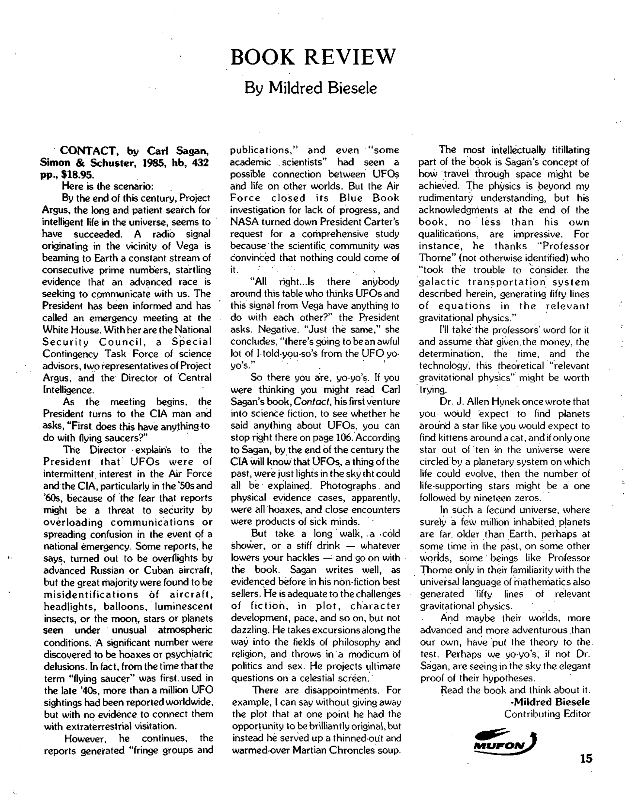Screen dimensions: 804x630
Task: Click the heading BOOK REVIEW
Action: tap(313, 57)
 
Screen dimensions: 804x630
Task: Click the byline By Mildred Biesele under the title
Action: tap(311, 88)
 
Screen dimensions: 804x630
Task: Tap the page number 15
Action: tap(586, 758)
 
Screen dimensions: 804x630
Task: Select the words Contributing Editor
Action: tap(547, 714)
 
